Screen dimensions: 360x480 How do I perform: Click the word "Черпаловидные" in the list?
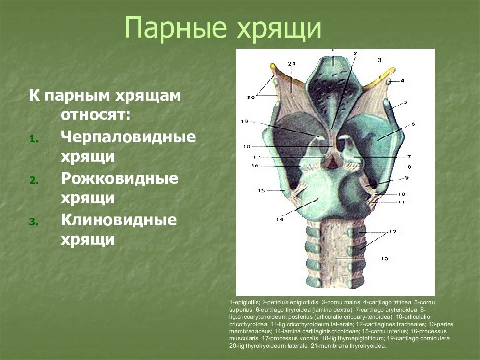(128, 137)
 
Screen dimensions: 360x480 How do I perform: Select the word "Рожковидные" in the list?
(120, 179)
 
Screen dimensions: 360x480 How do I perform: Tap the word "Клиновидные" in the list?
(119, 220)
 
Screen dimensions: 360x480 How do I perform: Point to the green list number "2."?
(32, 181)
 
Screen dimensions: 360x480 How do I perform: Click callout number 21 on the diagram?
(292, 64)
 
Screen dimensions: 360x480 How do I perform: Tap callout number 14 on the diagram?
(279, 220)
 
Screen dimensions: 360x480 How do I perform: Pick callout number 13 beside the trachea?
(384, 259)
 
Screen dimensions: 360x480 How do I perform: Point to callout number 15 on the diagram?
(261, 190)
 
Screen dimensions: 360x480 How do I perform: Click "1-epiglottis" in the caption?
(245, 303)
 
